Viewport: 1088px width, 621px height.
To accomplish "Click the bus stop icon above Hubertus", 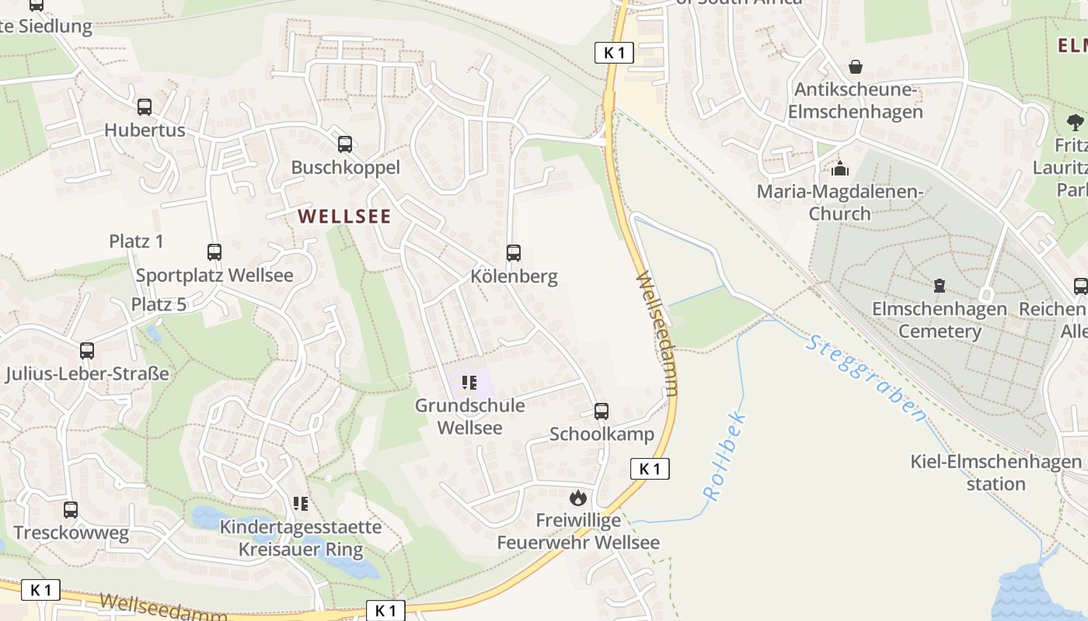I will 145,107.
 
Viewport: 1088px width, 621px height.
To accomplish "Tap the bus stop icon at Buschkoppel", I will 345,144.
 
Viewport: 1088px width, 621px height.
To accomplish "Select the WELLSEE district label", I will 344,217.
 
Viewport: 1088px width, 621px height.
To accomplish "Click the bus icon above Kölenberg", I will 514,253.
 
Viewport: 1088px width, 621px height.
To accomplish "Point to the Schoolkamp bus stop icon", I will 602,411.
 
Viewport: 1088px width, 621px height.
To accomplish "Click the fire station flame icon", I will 577,498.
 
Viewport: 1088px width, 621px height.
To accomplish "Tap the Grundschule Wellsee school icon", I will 469,382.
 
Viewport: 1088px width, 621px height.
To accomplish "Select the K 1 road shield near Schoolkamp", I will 650,469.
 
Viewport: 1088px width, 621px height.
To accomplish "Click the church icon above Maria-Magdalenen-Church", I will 839,168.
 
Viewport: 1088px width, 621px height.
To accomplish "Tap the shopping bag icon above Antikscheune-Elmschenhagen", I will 856,67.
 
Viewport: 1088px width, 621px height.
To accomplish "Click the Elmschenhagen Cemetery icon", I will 940,286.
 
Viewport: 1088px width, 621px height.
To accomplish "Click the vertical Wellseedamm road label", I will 657,333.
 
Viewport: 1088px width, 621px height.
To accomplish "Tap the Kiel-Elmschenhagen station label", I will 996,473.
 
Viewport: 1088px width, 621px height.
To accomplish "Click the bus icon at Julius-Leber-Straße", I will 87,351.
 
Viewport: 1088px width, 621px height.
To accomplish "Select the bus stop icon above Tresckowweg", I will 71,510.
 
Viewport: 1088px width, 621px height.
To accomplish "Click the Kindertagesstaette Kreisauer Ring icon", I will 302,504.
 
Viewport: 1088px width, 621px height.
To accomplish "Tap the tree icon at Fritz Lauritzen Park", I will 1076,121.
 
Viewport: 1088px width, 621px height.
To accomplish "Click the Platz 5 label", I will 159,304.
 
